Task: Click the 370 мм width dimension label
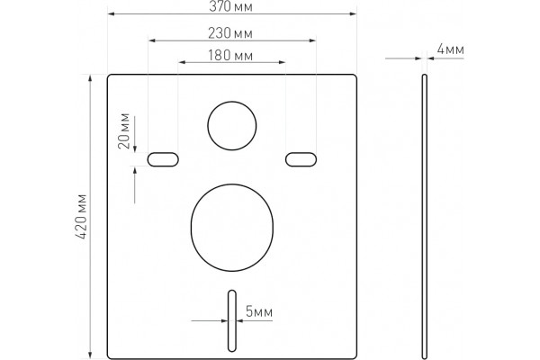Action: click(230, 6)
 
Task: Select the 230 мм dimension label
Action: click(230, 33)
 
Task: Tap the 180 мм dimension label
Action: click(230, 56)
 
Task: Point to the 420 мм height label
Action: click(82, 217)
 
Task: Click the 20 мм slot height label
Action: click(124, 130)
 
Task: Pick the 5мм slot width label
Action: click(259, 311)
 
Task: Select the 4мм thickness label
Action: click(451, 49)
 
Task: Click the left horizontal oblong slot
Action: click(163, 159)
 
